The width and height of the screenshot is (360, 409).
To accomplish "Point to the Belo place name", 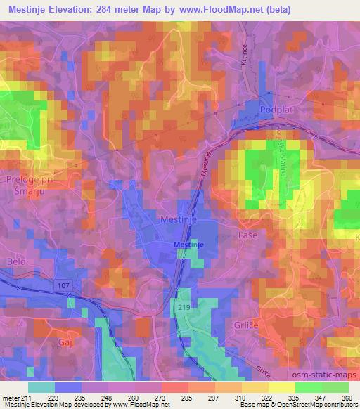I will click(x=15, y=261).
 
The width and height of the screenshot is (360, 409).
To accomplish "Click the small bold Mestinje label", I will click(x=188, y=244).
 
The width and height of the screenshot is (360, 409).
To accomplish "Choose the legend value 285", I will click(x=186, y=397).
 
